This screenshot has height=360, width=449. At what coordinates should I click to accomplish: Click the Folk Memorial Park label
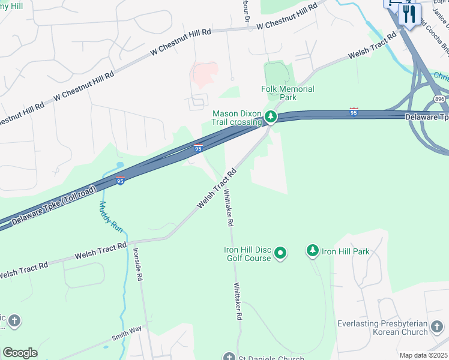coord(288,93)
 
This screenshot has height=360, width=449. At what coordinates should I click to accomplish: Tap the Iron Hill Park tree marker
coord(312,250)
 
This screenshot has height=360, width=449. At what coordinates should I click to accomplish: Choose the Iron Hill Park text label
coord(346,251)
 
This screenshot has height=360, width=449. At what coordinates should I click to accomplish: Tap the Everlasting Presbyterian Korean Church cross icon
coord(437,327)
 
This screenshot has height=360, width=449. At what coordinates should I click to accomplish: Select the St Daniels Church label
coord(264,358)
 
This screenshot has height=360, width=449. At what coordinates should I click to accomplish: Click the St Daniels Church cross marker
coord(229,358)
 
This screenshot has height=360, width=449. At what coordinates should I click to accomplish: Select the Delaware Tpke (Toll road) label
coord(53,204)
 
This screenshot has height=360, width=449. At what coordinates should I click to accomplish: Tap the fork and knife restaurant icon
coord(409,13)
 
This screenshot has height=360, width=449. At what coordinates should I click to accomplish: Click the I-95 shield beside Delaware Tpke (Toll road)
coord(120,181)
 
